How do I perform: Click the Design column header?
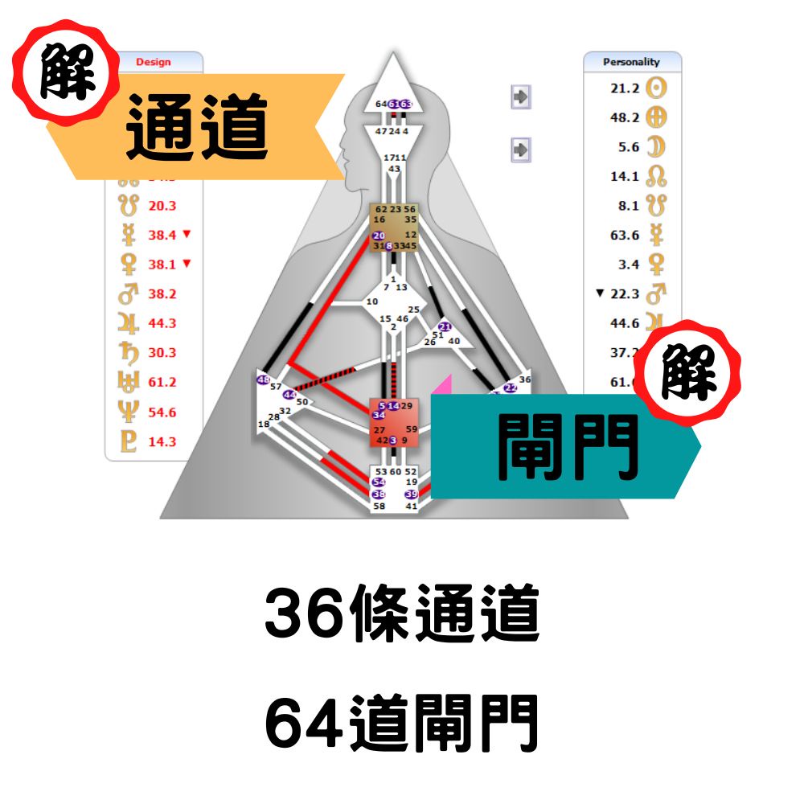(154, 62)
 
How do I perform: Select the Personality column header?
(631, 62)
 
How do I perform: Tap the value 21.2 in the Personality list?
(625, 88)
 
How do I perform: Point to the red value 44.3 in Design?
(162, 323)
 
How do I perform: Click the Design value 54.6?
(162, 412)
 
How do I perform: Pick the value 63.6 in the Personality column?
(625, 235)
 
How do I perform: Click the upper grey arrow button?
(521, 97)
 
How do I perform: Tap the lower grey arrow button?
(521, 149)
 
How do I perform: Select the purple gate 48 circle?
(263, 379)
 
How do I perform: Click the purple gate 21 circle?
(446, 327)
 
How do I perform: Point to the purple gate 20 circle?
(379, 236)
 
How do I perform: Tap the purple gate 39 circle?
(412, 494)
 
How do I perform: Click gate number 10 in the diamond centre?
(371, 301)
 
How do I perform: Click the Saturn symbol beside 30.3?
(129, 353)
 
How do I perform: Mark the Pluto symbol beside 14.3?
(129, 441)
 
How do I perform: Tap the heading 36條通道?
(401, 617)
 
